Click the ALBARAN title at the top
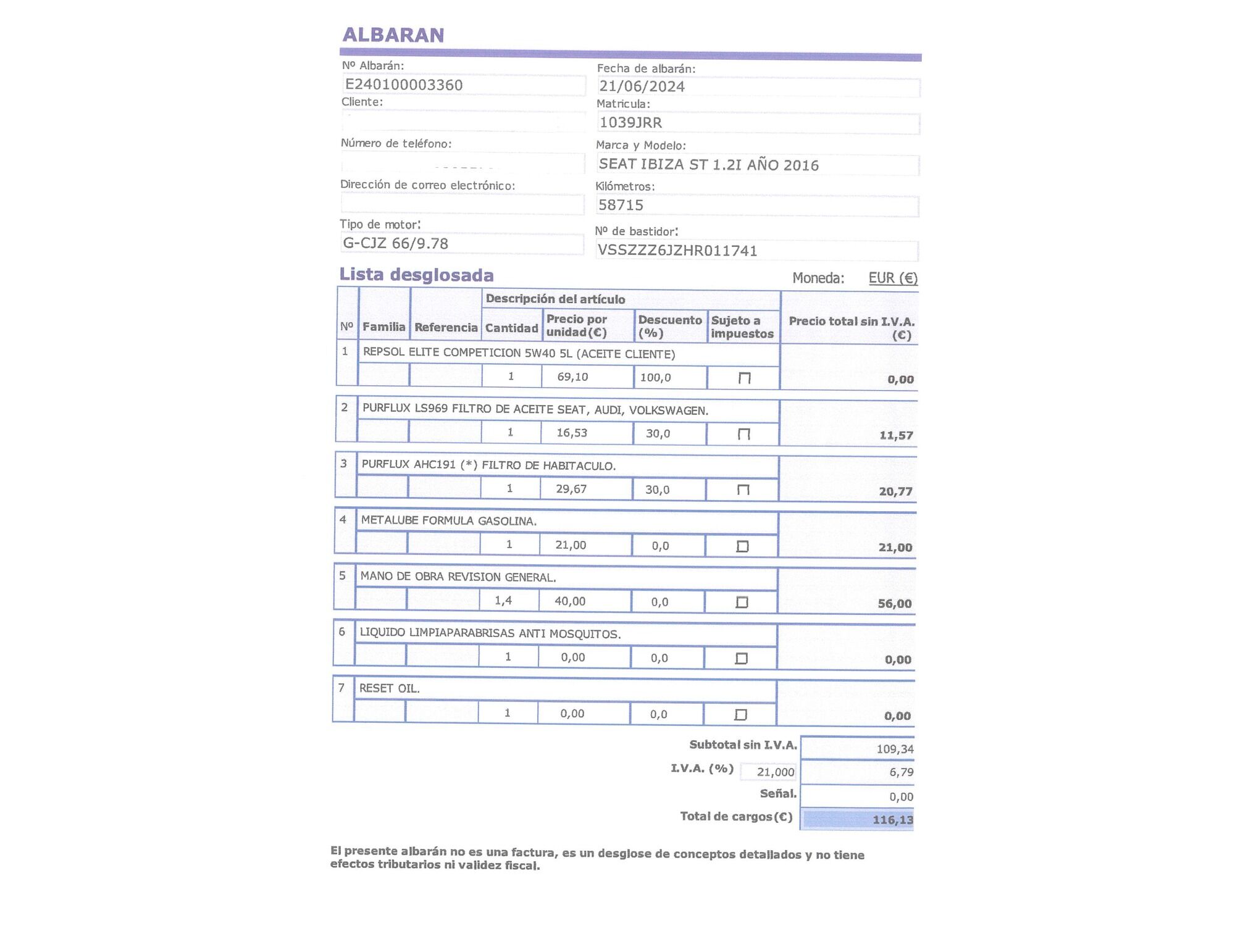pyautogui.click(x=393, y=35)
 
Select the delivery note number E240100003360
pyautogui.click(x=404, y=85)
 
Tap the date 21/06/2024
pyautogui.click(x=642, y=86)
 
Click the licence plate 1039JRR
pyautogui.click(x=630, y=122)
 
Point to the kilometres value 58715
pyautogui.click(x=621, y=205)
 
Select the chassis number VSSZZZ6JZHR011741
pyautogui.click(x=677, y=251)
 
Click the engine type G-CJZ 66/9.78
pyautogui.click(x=396, y=243)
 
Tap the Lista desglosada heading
pyautogui.click(x=417, y=275)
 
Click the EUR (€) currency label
pyautogui.click(x=893, y=278)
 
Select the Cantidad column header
pyautogui.click(x=511, y=328)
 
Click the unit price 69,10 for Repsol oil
pyautogui.click(x=572, y=377)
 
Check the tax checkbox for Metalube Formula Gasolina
pyautogui.click(x=742, y=546)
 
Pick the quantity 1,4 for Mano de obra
pyautogui.click(x=503, y=601)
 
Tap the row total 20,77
pyautogui.click(x=895, y=491)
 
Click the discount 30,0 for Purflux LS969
pyautogui.click(x=658, y=433)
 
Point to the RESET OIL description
pyautogui.click(x=390, y=688)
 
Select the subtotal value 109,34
pyautogui.click(x=895, y=749)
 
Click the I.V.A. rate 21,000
pyautogui.click(x=776, y=772)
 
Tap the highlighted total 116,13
pyautogui.click(x=892, y=820)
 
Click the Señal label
pyautogui.click(x=778, y=793)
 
